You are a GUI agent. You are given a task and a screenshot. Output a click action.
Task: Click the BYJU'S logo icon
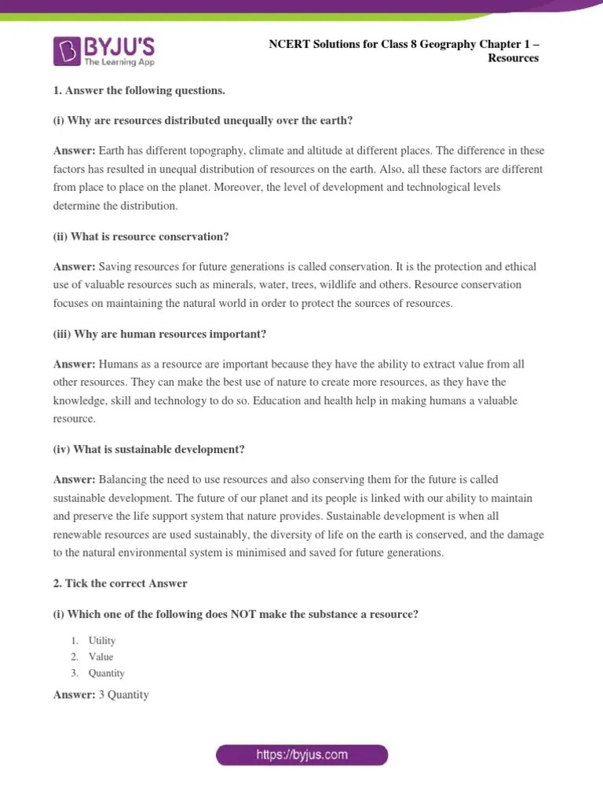tap(67, 51)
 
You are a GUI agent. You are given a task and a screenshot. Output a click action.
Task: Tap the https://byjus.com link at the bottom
tap(302, 755)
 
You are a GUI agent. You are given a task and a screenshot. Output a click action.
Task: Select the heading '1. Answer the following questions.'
tap(139, 90)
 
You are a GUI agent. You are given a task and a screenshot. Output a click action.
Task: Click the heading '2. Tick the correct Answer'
tap(120, 583)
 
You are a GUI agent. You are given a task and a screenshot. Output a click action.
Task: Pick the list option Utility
tap(102, 641)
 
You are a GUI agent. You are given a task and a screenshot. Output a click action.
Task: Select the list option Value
tap(101, 656)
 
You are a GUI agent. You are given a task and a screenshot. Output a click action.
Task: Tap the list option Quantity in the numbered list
tap(107, 673)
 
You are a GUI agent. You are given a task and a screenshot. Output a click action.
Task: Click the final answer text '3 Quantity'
tap(123, 695)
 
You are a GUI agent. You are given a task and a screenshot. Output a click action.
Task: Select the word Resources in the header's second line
tap(513, 58)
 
